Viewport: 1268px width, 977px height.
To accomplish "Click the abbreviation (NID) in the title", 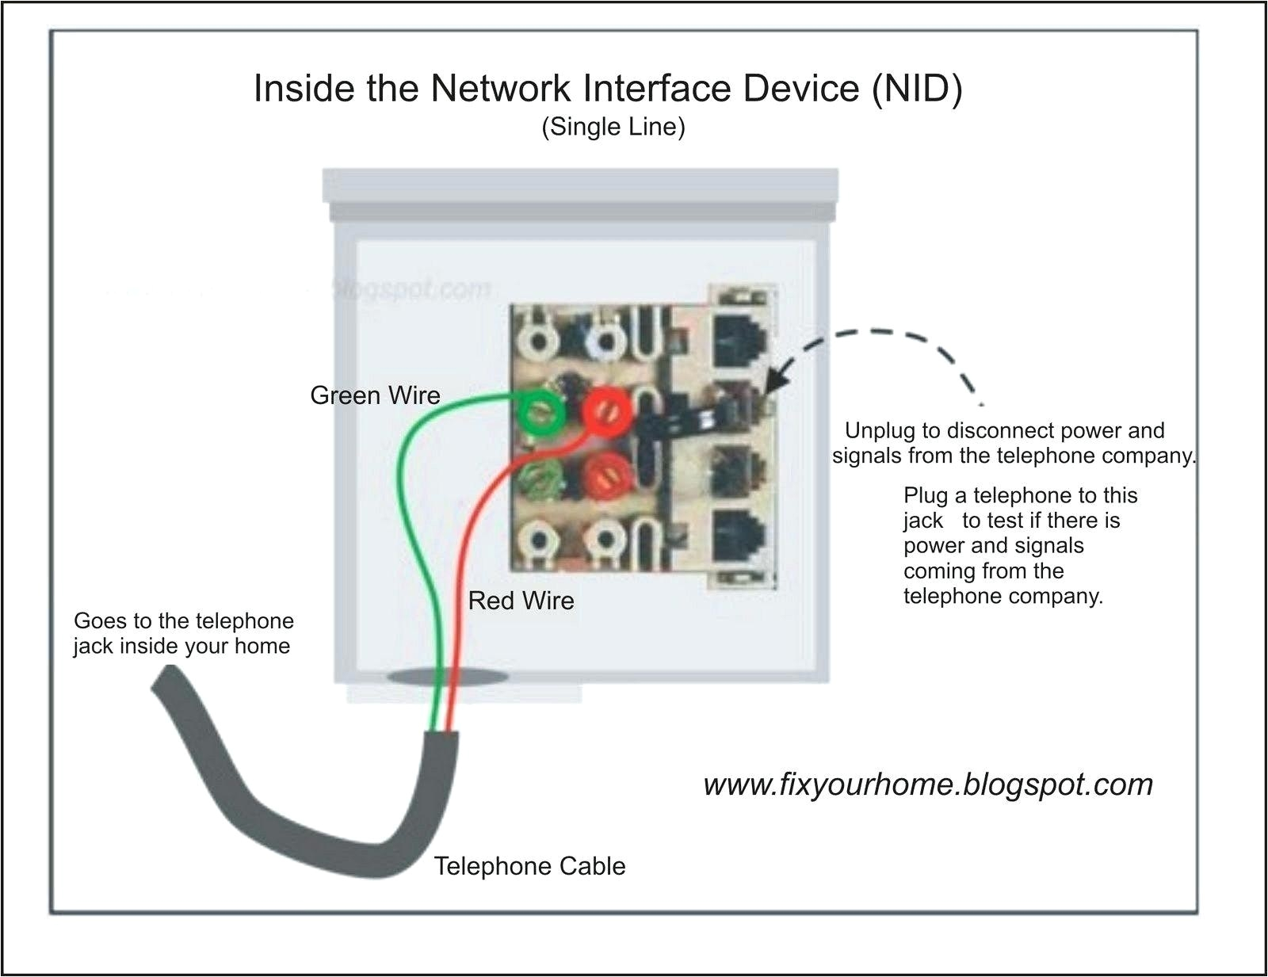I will click(917, 88).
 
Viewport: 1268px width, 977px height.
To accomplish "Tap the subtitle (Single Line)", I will click(613, 127).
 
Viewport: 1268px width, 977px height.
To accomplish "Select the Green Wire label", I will click(375, 395).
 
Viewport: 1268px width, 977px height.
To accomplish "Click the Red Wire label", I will click(521, 601).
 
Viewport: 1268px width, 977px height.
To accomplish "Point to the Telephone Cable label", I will click(529, 866).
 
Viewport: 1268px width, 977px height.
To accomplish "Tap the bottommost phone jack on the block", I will click(740, 536).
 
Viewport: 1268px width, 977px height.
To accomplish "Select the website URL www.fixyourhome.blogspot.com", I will click(927, 784).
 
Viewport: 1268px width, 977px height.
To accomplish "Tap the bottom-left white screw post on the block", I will click(539, 541).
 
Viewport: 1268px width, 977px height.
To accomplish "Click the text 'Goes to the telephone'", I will click(183, 620).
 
